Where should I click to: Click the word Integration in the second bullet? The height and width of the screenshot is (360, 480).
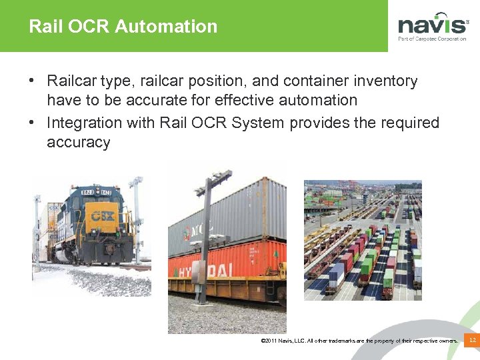click(85, 123)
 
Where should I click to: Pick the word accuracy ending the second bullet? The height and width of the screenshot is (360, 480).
click(79, 143)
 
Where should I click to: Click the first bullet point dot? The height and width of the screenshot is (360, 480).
click(32, 81)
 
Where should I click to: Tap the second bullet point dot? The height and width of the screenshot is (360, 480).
click(32, 123)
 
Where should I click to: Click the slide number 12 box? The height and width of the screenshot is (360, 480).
click(472, 341)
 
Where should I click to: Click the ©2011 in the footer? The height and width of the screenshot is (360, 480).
click(270, 341)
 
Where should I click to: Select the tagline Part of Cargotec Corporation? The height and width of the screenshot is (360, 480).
click(432, 39)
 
